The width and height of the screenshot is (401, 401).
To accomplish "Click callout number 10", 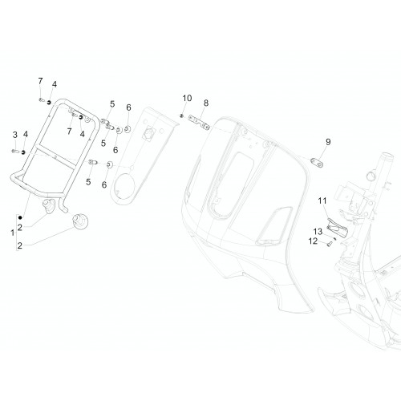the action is click(187, 99).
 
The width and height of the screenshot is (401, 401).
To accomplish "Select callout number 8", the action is click(206, 103).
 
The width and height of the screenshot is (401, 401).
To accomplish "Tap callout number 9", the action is click(328, 142).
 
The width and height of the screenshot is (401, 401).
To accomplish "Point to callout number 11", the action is click(322, 200).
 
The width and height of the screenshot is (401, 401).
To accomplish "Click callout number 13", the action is click(318, 232).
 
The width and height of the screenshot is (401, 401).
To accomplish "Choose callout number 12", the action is click(313, 241).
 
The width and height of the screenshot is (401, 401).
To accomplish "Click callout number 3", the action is click(15, 135).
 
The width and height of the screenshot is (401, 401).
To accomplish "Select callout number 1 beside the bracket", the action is click(13, 233).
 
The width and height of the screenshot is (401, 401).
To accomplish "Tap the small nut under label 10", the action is click(181, 115).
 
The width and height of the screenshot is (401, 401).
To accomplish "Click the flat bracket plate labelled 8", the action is click(199, 122).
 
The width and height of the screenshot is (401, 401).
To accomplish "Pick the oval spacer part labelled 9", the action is click(317, 162).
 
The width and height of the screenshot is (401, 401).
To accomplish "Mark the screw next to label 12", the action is click(330, 244).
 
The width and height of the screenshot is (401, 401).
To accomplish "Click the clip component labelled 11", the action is click(337, 228).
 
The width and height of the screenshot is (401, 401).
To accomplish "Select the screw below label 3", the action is click(15, 152).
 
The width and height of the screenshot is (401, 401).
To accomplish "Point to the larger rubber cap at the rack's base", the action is click(80, 221).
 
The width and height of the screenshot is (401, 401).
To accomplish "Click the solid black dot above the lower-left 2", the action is click(20, 218).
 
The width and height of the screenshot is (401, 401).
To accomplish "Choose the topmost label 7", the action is click(40, 81).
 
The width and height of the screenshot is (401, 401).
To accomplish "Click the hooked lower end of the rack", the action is click(63, 206).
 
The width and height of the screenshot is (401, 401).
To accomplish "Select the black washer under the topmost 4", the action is click(49, 102).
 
